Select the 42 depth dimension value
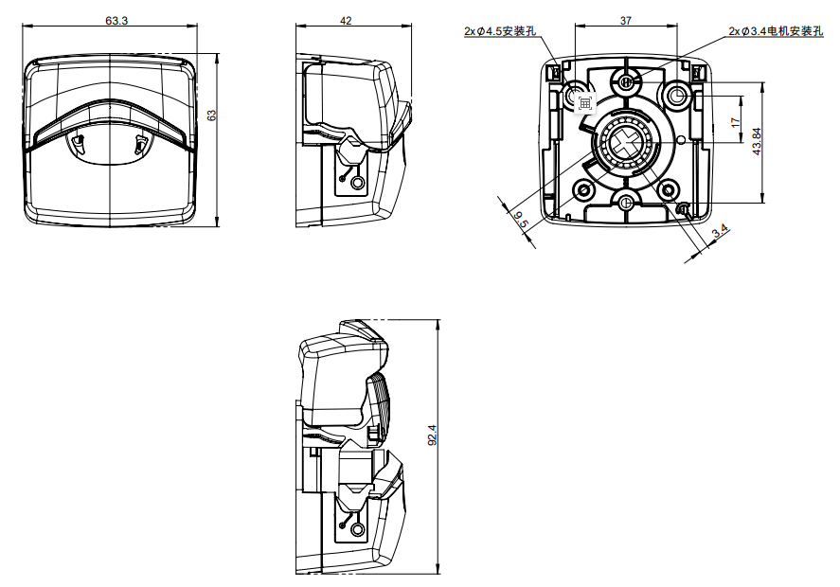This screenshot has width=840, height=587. [x=346, y=20]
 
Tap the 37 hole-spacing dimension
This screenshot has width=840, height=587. [x=626, y=20]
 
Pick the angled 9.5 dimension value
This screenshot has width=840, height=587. [x=520, y=220]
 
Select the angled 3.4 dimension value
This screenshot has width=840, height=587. [x=719, y=230]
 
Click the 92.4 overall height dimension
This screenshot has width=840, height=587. [x=433, y=435]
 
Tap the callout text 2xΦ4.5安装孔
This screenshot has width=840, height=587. [x=499, y=31]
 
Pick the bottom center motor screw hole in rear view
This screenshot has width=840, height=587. [x=626, y=200]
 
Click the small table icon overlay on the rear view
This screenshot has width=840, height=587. [x=584, y=102]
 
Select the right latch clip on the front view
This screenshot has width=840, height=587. [x=141, y=145]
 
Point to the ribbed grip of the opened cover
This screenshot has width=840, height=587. [x=378, y=399]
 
